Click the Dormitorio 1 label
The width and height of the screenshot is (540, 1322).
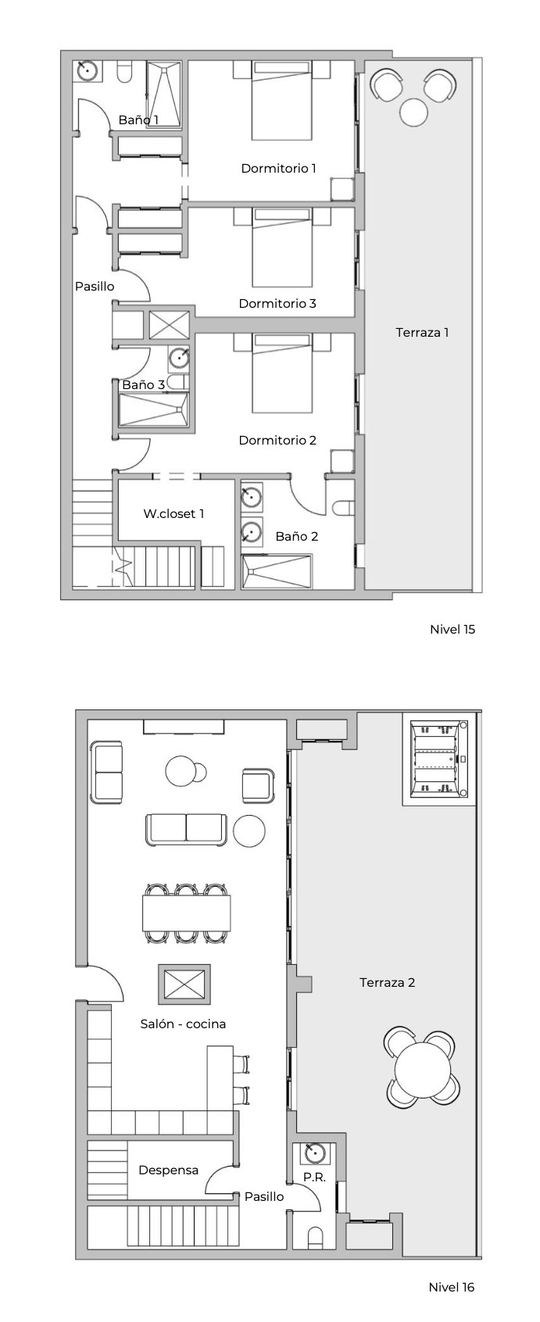click(x=278, y=168)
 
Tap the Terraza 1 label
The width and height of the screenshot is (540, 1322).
click(x=422, y=332)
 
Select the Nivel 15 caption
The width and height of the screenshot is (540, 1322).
click(x=452, y=629)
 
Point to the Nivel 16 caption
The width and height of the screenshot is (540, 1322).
click(x=452, y=1287)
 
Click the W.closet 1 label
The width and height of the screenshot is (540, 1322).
click(x=173, y=513)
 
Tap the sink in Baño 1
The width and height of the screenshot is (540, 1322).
click(x=88, y=70)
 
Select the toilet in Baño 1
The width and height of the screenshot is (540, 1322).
click(x=124, y=71)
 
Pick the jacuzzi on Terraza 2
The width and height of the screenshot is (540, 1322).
click(x=440, y=759)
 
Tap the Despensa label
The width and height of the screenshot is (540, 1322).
click(x=168, y=1170)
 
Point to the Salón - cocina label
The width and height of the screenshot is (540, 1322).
click(x=183, y=1024)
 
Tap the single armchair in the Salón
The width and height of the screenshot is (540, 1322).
click(x=258, y=786)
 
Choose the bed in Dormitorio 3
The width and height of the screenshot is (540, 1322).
click(x=282, y=247)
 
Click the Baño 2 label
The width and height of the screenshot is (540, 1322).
click(x=297, y=536)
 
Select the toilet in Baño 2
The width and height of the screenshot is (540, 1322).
click(x=342, y=507)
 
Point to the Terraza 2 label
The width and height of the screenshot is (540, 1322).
click(x=387, y=982)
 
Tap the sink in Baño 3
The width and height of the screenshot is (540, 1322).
click(x=179, y=358)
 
